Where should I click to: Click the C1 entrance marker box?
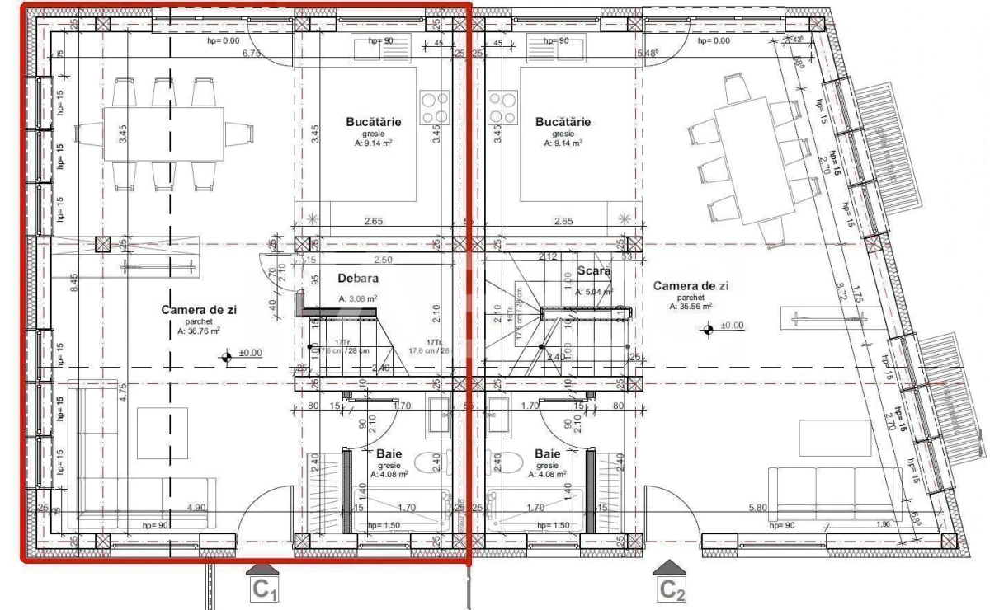pyautogui.click(x=263, y=589)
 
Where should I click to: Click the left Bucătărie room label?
pyautogui.click(x=374, y=122)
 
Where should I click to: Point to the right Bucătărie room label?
pyautogui.click(x=563, y=122)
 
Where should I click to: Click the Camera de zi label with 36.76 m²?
pyautogui.click(x=199, y=310)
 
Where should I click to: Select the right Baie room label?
pyautogui.click(x=547, y=454)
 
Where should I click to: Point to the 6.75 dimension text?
pyautogui.click(x=251, y=54)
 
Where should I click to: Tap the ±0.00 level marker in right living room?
pyautogui.click(x=709, y=330)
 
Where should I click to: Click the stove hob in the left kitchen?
pyautogui.click(x=434, y=107)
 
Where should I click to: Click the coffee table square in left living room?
pyautogui.click(x=162, y=434)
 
